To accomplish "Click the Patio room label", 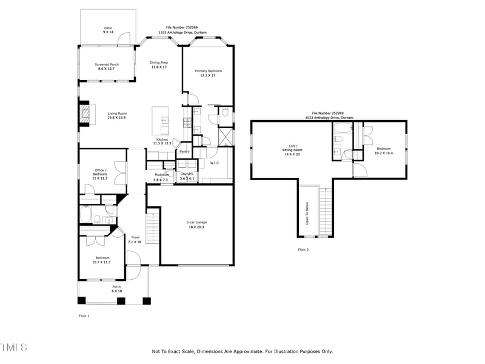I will (x=108, y=28).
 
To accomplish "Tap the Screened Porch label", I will (x=107, y=64).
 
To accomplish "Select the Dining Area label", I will (x=159, y=62).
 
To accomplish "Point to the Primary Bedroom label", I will (x=209, y=71).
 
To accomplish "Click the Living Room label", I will (x=117, y=113).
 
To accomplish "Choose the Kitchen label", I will (x=162, y=140).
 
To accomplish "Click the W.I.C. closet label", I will (x=215, y=163).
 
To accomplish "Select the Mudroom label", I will (x=161, y=175).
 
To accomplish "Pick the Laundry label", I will (x=187, y=174).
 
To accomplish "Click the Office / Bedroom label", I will (x=101, y=172).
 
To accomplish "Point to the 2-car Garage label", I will (x=197, y=223).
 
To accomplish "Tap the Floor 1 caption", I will (x=84, y=316).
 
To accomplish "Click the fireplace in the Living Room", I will (x=86, y=113).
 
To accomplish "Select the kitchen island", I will (x=162, y=121).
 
